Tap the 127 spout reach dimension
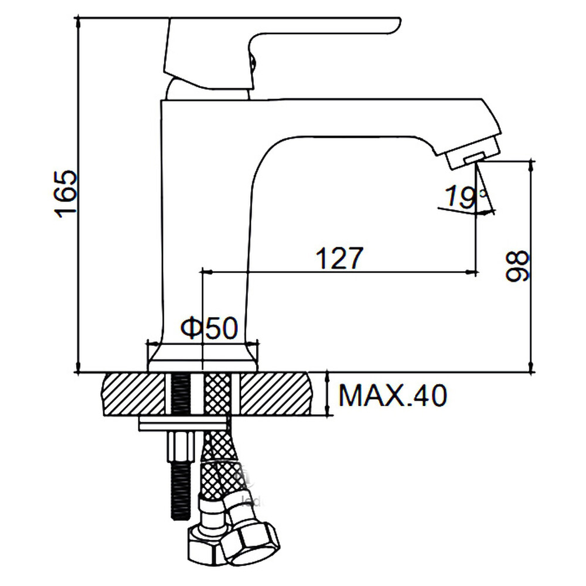(339, 258)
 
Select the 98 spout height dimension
(517, 265)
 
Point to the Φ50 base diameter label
(209, 328)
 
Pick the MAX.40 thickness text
(393, 395)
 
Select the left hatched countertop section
(133, 394)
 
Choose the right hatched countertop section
(275, 394)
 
